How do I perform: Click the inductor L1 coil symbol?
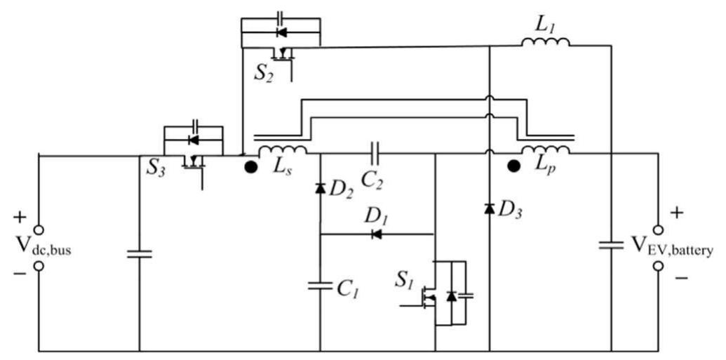click(x=545, y=43)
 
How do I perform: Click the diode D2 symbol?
click(x=320, y=188)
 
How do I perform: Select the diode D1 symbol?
click(x=377, y=234)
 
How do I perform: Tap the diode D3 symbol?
click(x=489, y=208)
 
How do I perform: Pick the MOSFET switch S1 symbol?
click(x=438, y=295)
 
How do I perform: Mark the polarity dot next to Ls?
click(x=250, y=168)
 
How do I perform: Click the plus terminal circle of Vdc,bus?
click(x=39, y=229)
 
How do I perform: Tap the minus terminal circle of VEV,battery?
click(x=658, y=266)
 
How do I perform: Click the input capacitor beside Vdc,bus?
click(x=140, y=253)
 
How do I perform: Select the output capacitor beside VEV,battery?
click(x=611, y=246)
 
